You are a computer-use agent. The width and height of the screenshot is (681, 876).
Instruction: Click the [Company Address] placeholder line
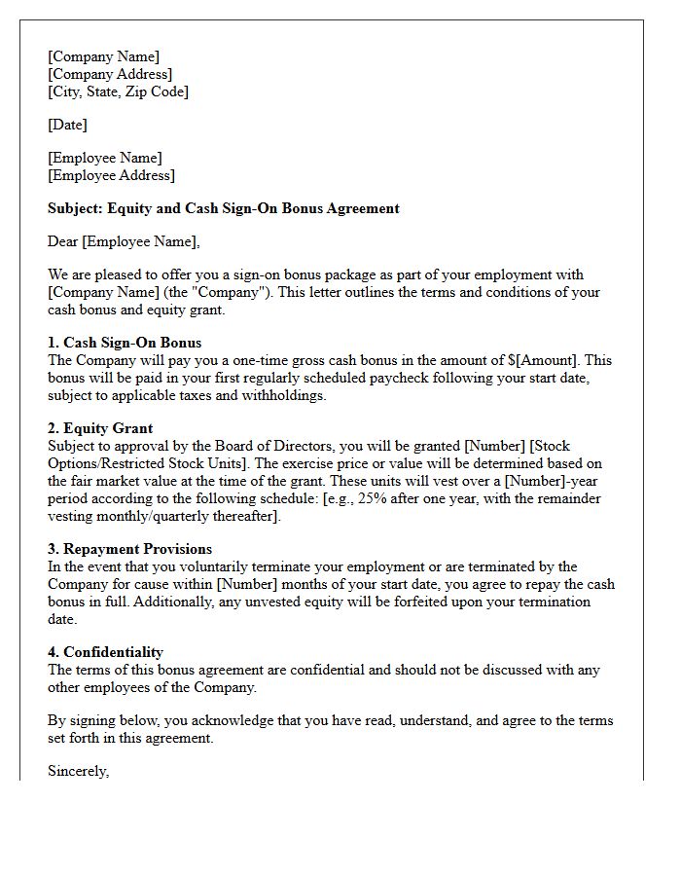click(110, 74)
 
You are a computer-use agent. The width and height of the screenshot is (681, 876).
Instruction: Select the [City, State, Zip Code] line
click(118, 91)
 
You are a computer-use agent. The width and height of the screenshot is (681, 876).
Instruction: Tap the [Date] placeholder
click(67, 125)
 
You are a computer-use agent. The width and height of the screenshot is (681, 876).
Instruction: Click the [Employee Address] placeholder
click(111, 175)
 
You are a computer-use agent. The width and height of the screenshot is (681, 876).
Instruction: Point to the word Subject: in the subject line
click(75, 208)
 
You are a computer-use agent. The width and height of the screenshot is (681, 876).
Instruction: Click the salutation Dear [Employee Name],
click(124, 241)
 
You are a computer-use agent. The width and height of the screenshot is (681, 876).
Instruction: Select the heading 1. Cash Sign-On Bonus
click(125, 343)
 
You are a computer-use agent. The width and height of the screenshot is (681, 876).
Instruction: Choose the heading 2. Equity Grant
click(100, 428)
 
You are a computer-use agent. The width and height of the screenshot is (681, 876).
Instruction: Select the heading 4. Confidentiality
click(105, 652)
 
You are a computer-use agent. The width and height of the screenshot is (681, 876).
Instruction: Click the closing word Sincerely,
click(78, 771)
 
